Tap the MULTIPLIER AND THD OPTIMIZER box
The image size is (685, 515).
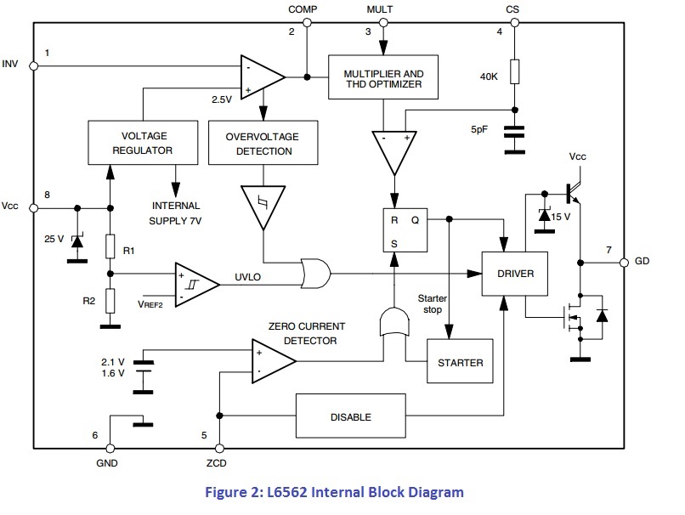(383, 79)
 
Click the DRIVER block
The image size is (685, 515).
(513, 274)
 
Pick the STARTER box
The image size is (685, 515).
(460, 362)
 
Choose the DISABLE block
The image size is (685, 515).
(350, 417)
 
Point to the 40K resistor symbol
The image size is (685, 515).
(514, 72)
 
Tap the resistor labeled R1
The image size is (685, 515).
(110, 246)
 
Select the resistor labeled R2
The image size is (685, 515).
(110, 300)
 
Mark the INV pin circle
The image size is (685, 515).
(34, 65)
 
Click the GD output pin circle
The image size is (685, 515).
(624, 261)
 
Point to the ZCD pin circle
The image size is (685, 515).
(220, 448)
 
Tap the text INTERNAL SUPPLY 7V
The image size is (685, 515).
(176, 212)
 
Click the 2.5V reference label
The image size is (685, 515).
(223, 99)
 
